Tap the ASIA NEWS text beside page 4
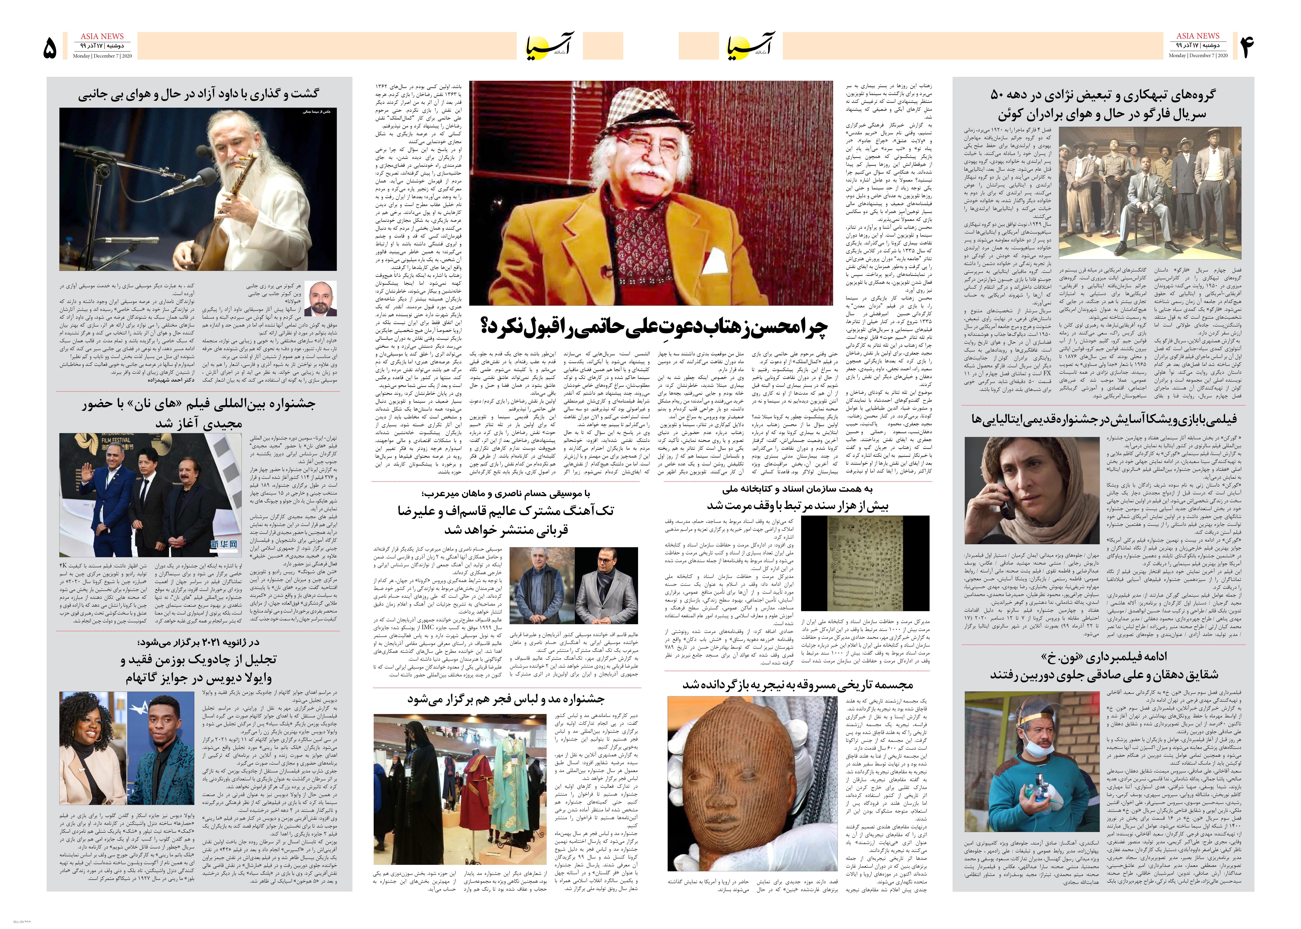click(1197, 36)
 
